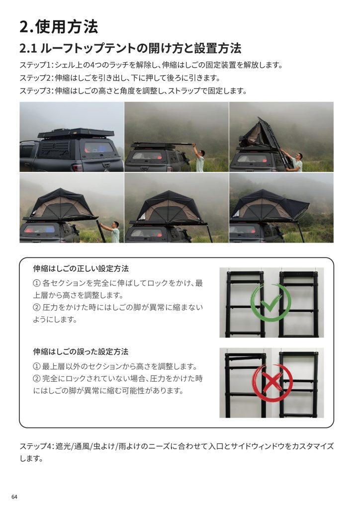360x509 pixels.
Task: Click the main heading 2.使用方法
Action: (59, 26)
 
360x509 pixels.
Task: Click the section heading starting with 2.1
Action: (130, 48)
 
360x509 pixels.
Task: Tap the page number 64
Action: (14, 497)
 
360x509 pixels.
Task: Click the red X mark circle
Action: (272, 383)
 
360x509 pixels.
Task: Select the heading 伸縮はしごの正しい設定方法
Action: (81, 268)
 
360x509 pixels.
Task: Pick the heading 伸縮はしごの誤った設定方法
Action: (81, 351)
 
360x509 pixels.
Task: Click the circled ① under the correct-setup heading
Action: (37, 283)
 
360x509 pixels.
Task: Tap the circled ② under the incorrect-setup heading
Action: (37, 378)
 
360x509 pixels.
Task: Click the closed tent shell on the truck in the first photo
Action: (76, 133)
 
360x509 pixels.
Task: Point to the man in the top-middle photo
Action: (198, 158)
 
